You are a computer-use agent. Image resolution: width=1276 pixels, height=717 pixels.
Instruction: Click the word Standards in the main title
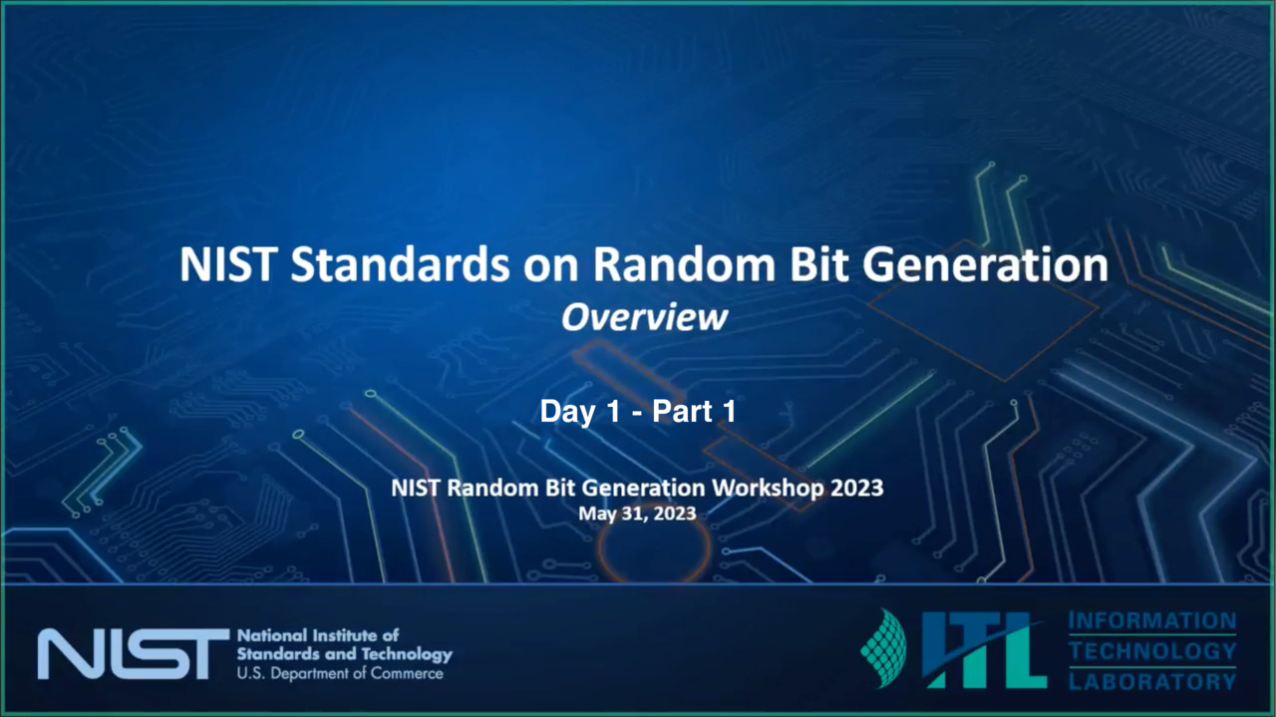pos(400,265)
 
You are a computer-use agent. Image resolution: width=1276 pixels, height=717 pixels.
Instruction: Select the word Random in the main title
pos(684,265)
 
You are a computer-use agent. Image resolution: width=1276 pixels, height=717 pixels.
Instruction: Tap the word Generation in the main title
pos(986,265)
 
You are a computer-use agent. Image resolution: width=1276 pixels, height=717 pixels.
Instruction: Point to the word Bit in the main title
pos(818,265)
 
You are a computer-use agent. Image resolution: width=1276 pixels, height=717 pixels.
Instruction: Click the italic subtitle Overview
pos(644,317)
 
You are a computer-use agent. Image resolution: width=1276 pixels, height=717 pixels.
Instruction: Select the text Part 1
pos(694,411)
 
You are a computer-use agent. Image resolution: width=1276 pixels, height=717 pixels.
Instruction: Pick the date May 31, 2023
pos(637,515)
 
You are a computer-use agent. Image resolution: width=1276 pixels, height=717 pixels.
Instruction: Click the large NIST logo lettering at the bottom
pos(133,654)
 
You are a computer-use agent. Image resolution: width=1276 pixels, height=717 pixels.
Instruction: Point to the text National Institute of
pos(318,635)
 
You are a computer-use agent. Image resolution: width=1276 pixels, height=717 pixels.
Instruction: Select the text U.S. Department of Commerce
pos(340,674)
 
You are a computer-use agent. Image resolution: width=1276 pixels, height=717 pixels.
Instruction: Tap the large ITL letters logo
pos(984,650)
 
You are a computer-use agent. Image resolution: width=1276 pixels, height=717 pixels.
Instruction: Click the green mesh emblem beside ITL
pos(884,648)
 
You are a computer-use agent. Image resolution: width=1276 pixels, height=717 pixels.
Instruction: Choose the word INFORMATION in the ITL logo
pos(1152,620)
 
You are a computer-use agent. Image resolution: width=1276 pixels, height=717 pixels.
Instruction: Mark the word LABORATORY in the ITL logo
pos(1152,681)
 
